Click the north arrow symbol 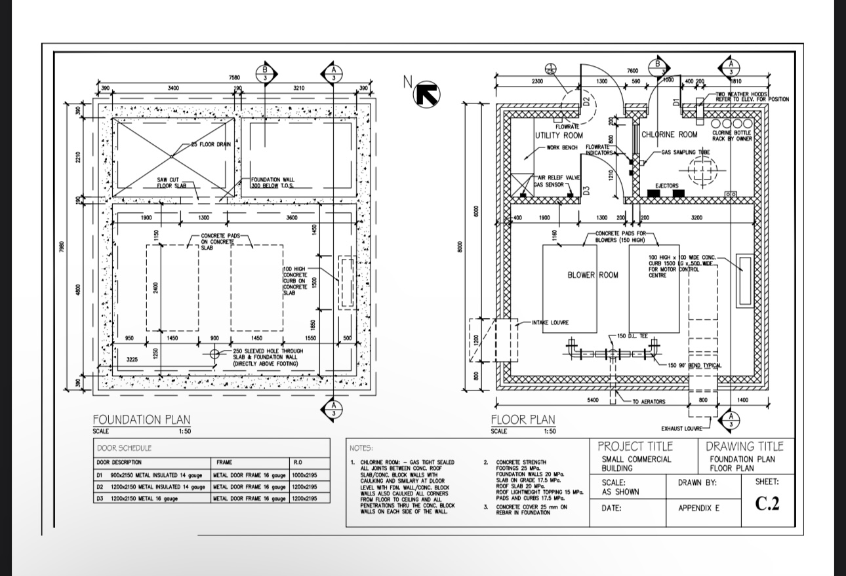pyautogui.click(x=428, y=94)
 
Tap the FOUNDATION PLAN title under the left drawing pyautogui.click(x=142, y=419)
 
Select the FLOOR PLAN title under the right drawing pyautogui.click(x=523, y=419)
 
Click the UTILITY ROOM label pyautogui.click(x=559, y=135)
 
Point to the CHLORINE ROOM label pyautogui.click(x=669, y=134)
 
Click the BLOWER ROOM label pyautogui.click(x=593, y=275)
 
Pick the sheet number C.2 pyautogui.click(x=767, y=504)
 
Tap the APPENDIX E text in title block pyautogui.click(x=698, y=508)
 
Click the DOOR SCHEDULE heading pyautogui.click(x=124, y=448)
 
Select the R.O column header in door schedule pyautogui.click(x=298, y=463)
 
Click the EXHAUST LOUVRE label pyautogui.click(x=681, y=428)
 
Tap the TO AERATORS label pyautogui.click(x=649, y=402)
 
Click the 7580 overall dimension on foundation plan pyautogui.click(x=234, y=77)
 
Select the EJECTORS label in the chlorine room pyautogui.click(x=667, y=186)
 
